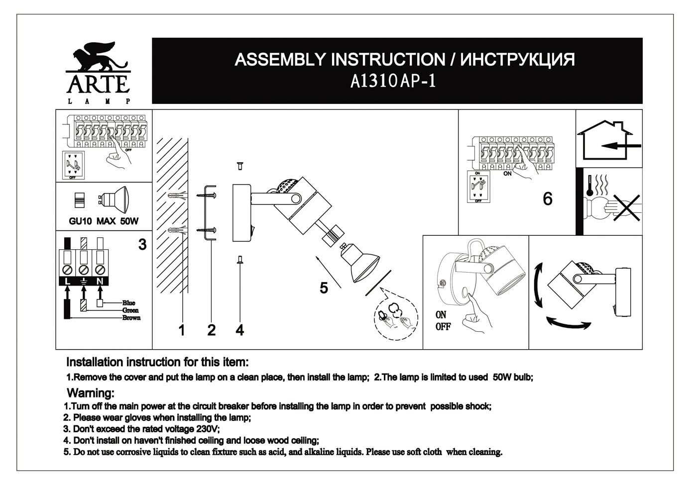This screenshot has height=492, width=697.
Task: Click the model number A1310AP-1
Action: coord(393,81)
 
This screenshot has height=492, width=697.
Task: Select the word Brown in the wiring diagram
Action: coord(131,318)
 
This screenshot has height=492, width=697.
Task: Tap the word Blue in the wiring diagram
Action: coord(128,303)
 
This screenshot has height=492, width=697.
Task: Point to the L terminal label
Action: coord(66,282)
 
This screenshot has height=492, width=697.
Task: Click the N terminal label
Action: coord(100,282)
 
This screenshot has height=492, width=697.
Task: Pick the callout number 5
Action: coord(324,288)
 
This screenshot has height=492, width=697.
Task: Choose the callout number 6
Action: coord(547,199)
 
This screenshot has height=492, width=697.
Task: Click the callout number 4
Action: coord(240,330)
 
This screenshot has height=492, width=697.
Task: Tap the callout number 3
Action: coord(142,245)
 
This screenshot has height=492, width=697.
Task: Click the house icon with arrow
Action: coord(608,140)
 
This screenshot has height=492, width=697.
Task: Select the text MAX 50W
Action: coord(117,221)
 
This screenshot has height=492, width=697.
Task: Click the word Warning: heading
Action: coord(91,394)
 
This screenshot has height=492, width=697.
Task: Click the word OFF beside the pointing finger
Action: coord(443,327)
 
